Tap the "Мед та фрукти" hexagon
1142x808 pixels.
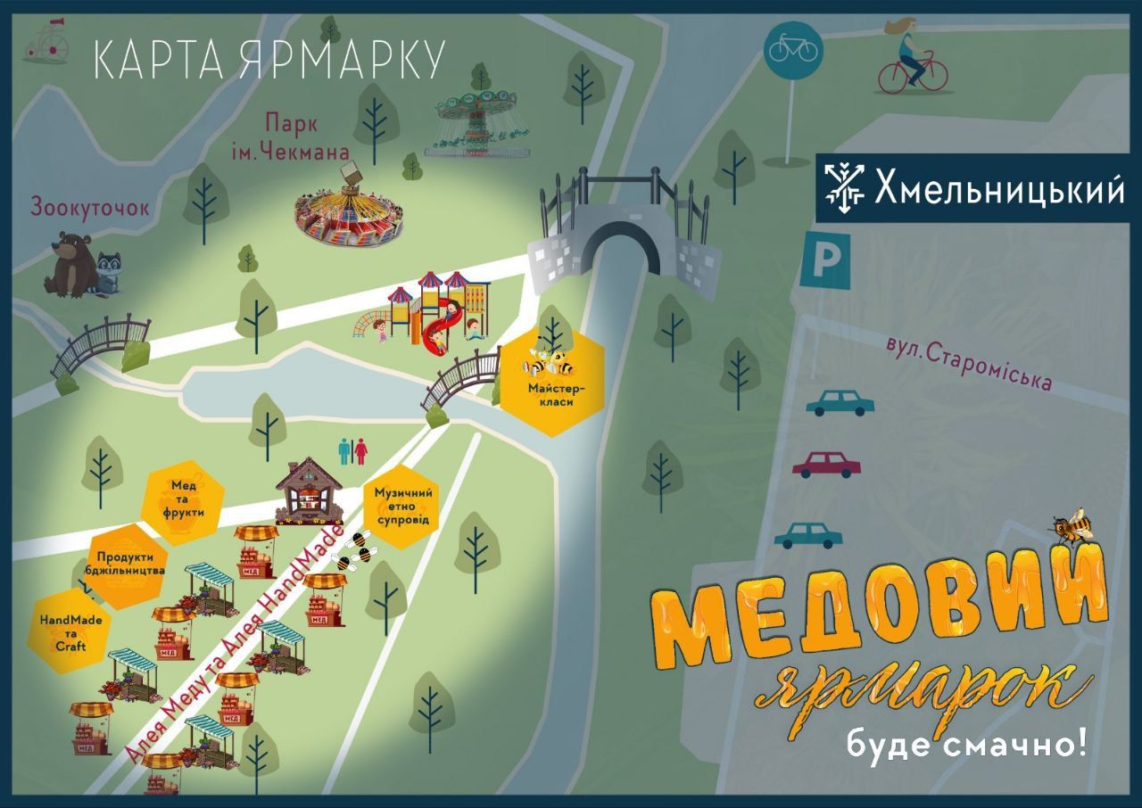coord(185,499)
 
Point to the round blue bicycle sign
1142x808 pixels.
coord(793,49)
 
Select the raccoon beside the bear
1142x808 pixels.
coord(110,273)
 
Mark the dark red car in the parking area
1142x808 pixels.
coord(827,464)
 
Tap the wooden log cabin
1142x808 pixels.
coord(309,492)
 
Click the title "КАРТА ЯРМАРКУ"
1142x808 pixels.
coord(269,60)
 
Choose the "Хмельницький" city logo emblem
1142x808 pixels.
coord(844,189)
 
